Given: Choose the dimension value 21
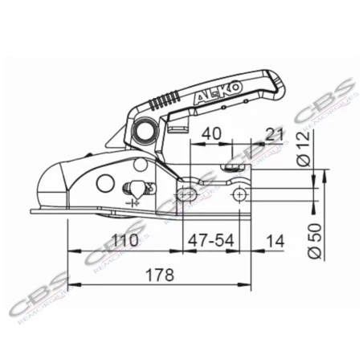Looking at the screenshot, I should [x=274, y=133].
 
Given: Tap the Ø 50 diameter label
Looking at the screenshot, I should [x=315, y=239].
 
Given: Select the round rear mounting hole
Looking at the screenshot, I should [x=239, y=195].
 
